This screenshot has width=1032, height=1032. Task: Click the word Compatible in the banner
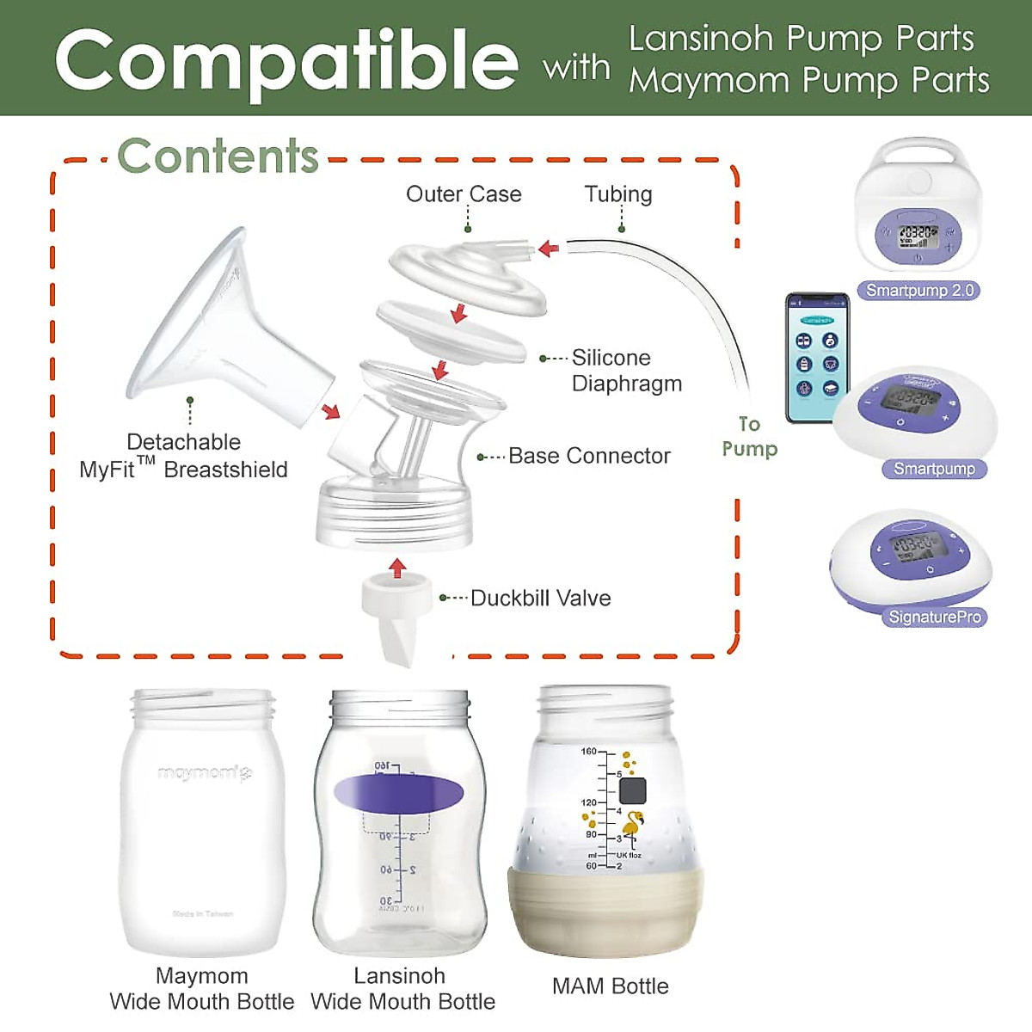click(x=286, y=60)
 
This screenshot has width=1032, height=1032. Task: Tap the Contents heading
click(x=218, y=157)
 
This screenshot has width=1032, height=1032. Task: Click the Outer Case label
click(x=464, y=194)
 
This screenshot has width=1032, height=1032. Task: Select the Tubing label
click(x=618, y=194)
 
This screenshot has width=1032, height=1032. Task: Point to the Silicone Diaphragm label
click(x=626, y=371)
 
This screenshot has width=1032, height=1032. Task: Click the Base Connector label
click(x=589, y=456)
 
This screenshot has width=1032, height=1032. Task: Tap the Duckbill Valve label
click(x=540, y=599)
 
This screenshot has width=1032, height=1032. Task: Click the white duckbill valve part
click(x=396, y=615)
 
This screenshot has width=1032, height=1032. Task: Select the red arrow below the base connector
click(x=396, y=568)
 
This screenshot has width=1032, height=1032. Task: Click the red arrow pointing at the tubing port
click(x=549, y=249)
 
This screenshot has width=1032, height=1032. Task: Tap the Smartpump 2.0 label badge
click(x=918, y=291)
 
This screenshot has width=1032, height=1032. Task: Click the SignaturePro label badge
click(x=934, y=617)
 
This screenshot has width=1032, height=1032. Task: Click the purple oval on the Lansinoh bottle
click(x=398, y=793)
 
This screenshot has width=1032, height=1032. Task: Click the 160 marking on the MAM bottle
click(x=588, y=752)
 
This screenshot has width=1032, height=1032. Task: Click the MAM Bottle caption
click(x=610, y=986)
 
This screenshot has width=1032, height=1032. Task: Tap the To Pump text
click(x=749, y=436)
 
